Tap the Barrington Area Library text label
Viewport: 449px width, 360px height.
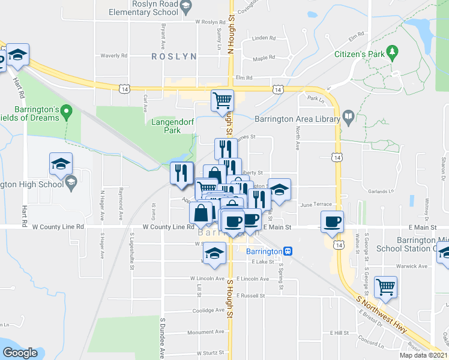coord(297,119)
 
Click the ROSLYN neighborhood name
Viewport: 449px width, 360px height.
coord(174,56)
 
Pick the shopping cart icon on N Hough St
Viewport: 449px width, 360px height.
coord(222,100)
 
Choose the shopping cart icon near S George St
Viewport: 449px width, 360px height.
coord(385,286)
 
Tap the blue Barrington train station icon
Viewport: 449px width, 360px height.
coord(288,251)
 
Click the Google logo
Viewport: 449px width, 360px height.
coord(20,353)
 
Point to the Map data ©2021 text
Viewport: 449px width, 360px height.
coord(424,355)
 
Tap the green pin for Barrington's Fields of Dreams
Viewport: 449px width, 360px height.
coord(68,110)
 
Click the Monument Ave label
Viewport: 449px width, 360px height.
coord(205,332)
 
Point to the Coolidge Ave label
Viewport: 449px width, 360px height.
coord(208,310)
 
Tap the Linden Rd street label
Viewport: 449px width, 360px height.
coord(264,38)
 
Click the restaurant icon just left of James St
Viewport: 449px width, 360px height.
coord(225,148)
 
